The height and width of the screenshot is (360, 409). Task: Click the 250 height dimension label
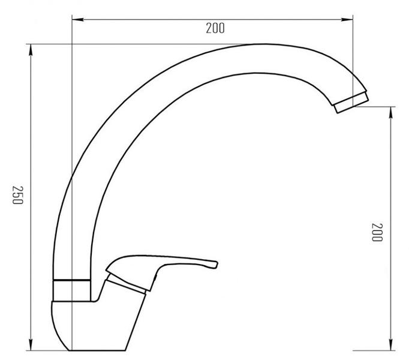tap(18, 195)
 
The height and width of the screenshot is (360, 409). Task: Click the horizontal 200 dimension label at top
tap(215, 28)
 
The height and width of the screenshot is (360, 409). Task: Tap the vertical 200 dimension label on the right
tap(377, 232)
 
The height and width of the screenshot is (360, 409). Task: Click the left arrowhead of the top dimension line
tap(78, 19)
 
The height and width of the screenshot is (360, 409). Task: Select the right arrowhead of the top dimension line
tap(347, 19)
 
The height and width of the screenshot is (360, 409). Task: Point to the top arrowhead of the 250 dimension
tap(31, 50)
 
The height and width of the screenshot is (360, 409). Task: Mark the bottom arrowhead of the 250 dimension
tap(31, 344)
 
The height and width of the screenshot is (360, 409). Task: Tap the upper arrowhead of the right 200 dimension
tap(390, 113)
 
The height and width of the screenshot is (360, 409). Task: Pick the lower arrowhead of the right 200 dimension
tap(390, 344)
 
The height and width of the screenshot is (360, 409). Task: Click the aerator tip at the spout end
tap(351, 102)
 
